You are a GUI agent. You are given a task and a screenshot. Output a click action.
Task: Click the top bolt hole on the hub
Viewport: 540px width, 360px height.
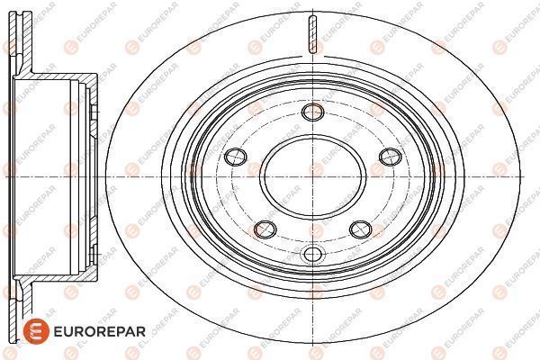tap(312, 112)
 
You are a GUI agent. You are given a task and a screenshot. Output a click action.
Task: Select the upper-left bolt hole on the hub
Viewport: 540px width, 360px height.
tap(236, 157)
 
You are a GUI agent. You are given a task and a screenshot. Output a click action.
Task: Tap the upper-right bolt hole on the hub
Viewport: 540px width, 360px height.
tap(391, 157)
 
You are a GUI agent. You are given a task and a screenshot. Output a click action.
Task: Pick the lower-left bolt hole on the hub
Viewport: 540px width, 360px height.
tap(265, 229)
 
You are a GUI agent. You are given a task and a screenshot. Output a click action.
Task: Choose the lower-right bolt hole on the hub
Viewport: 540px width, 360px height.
tap(361, 229)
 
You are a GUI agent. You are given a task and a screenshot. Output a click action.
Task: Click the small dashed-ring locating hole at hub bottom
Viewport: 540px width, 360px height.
tap(312, 255)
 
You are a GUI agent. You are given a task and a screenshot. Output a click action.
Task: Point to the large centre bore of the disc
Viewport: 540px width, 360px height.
tap(312, 177)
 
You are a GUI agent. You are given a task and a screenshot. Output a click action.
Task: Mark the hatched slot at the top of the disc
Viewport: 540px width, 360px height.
tap(312, 34)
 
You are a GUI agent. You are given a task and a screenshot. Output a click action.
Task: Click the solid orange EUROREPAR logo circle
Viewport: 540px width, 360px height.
tap(36, 331)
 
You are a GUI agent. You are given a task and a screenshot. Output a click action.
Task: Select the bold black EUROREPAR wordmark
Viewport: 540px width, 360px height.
tap(100, 332)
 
